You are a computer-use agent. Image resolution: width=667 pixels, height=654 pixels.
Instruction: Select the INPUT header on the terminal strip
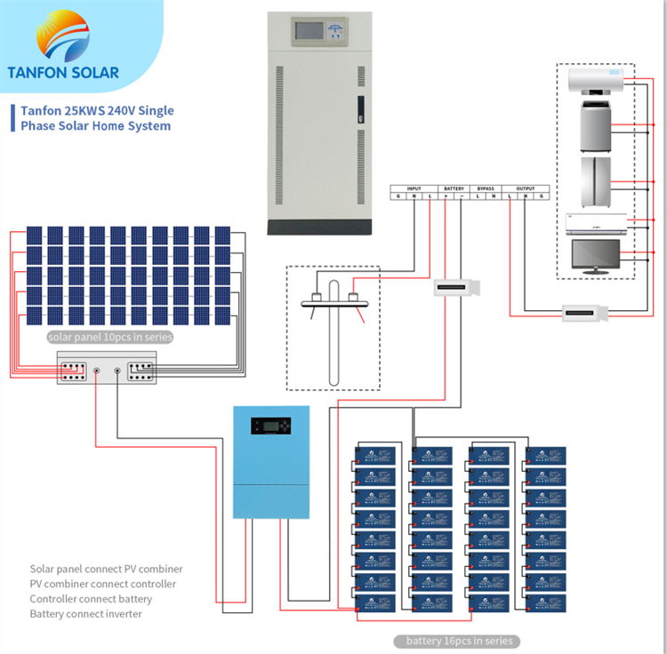click(414, 188)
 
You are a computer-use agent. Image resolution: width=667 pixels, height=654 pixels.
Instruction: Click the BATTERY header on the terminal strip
click(454, 188)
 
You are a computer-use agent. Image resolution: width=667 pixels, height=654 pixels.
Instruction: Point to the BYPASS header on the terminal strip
click(486, 188)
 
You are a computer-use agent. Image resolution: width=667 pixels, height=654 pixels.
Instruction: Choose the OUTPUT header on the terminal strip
click(526, 188)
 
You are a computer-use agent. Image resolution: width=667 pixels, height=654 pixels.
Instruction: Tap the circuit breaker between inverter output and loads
click(585, 313)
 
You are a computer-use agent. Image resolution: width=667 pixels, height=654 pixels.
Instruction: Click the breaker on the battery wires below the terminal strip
click(457, 289)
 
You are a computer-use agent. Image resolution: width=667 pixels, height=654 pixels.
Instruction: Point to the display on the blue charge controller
click(269, 426)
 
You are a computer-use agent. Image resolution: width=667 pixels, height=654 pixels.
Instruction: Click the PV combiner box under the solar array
click(107, 367)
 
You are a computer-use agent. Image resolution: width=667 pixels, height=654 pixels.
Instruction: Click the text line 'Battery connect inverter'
click(85, 614)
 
